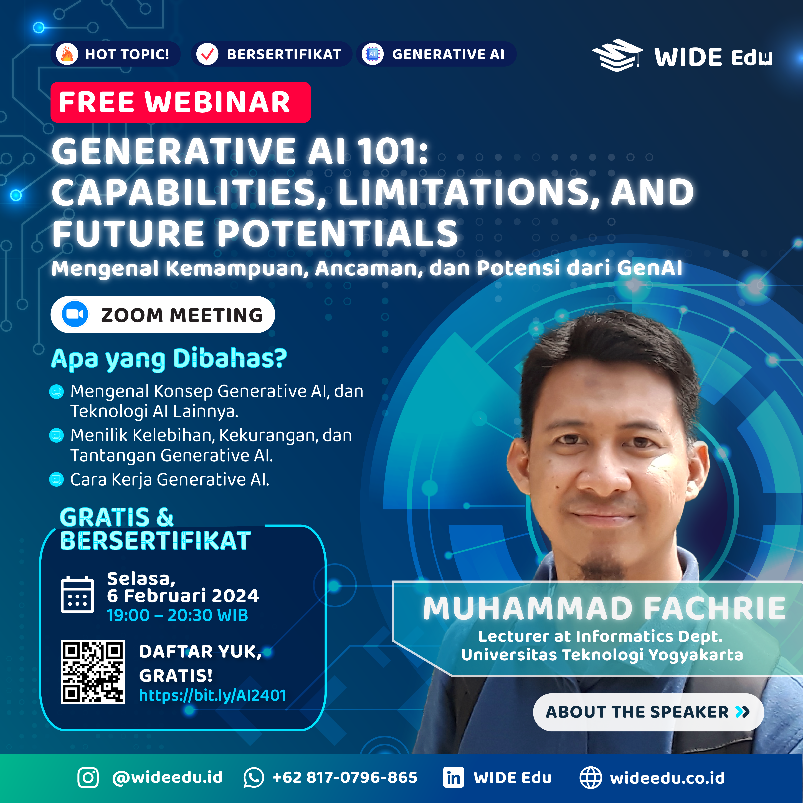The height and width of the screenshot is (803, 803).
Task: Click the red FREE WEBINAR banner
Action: point(180,102)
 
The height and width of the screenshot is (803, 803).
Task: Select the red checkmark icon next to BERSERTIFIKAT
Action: point(207,54)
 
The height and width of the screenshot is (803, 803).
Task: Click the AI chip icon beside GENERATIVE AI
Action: point(372,54)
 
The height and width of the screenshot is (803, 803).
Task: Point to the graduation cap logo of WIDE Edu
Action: point(617,55)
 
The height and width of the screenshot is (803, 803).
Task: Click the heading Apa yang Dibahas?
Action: point(169,359)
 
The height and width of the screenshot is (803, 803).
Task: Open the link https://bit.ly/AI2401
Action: point(212,695)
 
